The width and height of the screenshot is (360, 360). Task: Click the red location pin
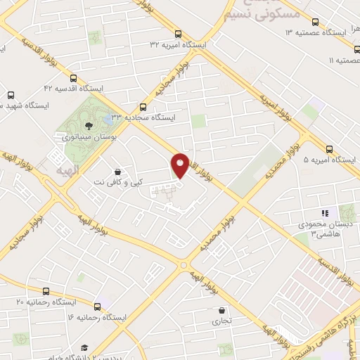(x=180, y=165)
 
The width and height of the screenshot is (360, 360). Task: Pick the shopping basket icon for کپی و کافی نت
(x=116, y=171)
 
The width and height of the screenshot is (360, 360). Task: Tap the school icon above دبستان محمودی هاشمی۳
(x=324, y=212)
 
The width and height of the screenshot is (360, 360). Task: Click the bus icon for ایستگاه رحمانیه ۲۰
(x=46, y=290)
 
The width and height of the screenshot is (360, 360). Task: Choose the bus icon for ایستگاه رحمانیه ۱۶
(x=97, y=307)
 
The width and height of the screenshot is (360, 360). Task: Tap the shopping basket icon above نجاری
(x=222, y=310)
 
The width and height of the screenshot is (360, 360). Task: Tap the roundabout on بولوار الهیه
(x=184, y=266)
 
